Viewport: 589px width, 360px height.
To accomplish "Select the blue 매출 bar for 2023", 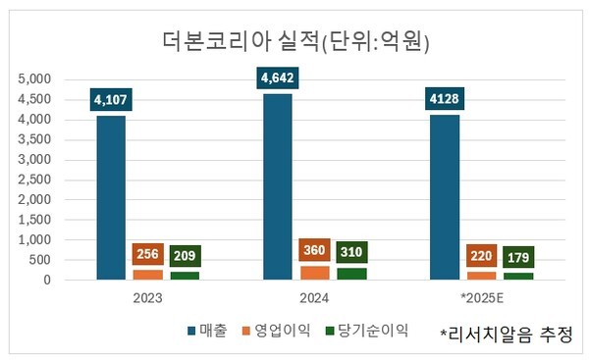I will tap(111, 196).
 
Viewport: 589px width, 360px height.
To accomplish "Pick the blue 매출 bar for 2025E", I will tap(445, 196).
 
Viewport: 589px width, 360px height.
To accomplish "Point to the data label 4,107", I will tap(111, 99).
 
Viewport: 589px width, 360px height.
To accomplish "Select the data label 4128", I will tap(445, 99).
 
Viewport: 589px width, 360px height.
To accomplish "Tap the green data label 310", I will tap(351, 252).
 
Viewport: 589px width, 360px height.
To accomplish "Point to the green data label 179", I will tap(518, 258).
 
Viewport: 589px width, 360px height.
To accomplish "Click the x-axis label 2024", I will tap(314, 295).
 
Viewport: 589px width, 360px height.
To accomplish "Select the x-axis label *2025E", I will tap(480, 295).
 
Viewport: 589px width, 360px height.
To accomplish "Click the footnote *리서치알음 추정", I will tap(506, 334).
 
